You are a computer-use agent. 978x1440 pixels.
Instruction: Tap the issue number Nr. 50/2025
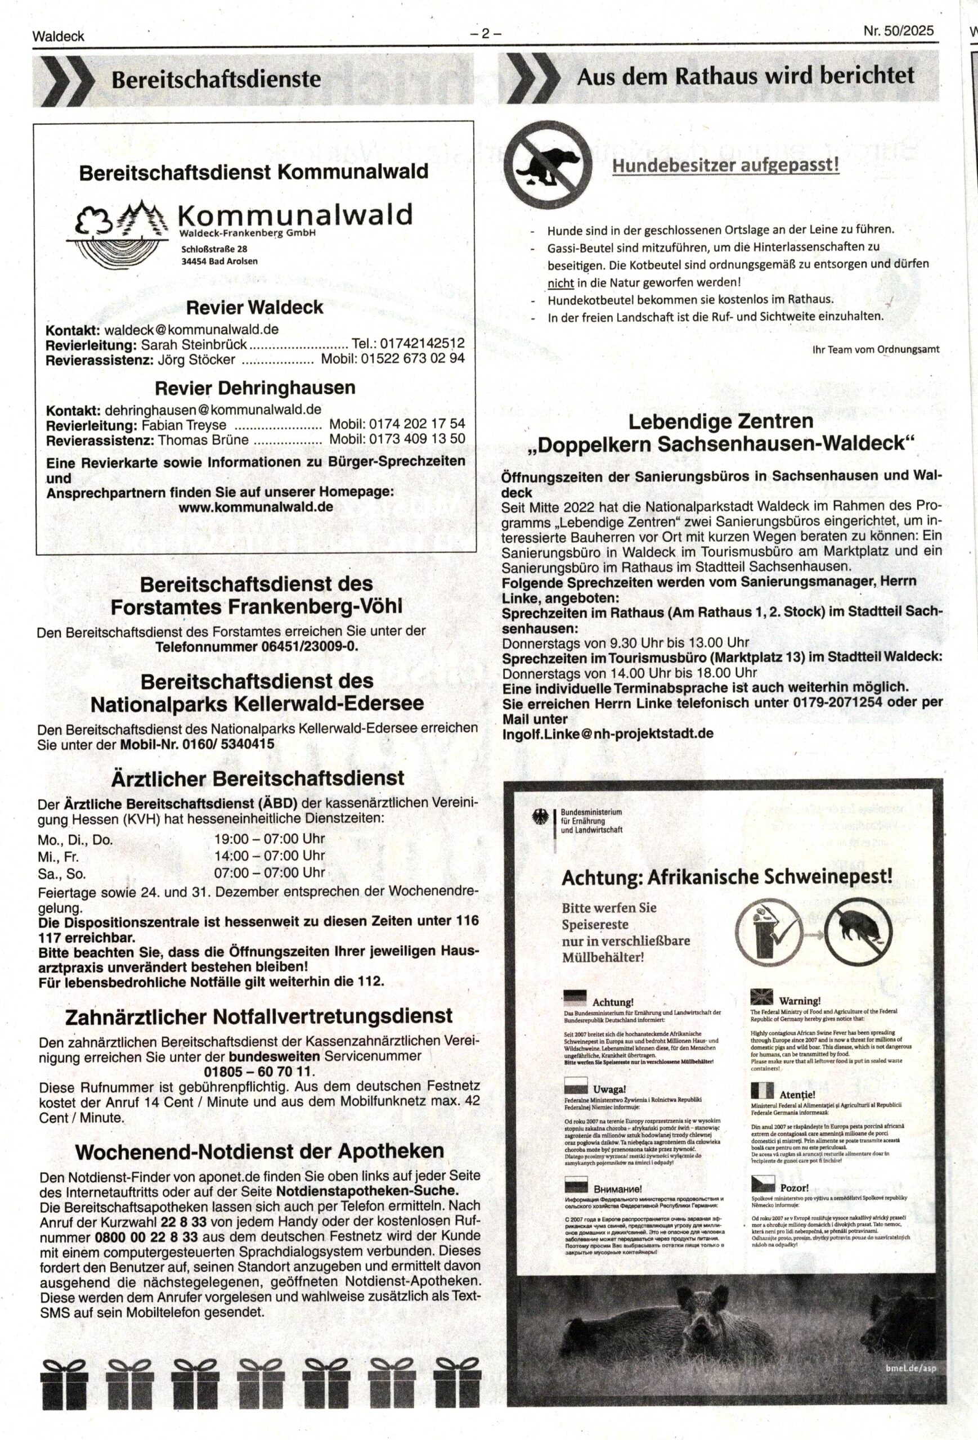click(x=898, y=31)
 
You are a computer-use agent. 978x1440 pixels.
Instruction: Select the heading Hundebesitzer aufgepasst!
click(x=726, y=165)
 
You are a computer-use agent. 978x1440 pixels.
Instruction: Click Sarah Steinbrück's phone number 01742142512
click(x=422, y=344)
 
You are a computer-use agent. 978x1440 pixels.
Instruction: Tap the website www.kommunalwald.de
click(x=255, y=506)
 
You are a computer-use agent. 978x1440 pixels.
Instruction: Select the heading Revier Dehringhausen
click(x=255, y=388)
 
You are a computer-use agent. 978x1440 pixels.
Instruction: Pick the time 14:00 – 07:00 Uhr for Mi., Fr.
click(x=270, y=856)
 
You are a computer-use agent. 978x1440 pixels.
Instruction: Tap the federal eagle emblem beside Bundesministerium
click(x=540, y=818)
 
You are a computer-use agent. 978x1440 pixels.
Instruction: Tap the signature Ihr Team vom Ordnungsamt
click(x=875, y=349)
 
